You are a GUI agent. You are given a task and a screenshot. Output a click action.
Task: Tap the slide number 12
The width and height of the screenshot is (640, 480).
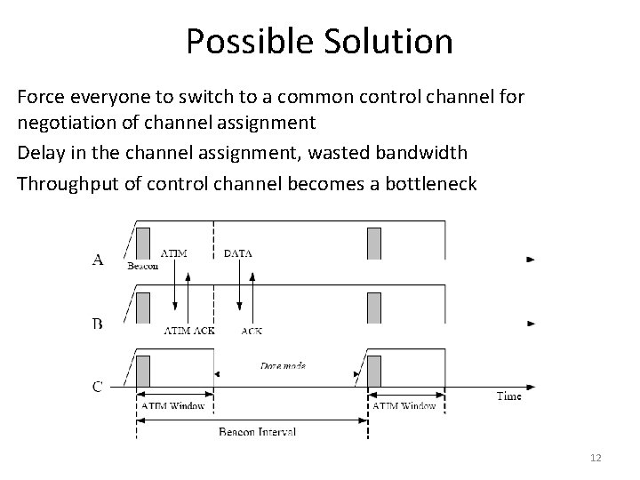point(596,457)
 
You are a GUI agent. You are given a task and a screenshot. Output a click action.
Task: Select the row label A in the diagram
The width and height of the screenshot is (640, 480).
point(98,260)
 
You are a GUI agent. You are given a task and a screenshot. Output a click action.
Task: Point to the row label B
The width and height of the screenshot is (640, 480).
point(98,324)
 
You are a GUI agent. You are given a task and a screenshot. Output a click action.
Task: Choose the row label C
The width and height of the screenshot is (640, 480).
point(98,387)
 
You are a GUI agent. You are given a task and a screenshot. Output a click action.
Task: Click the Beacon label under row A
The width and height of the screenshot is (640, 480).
point(144,265)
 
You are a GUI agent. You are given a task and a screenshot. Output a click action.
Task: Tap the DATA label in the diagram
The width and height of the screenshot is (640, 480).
point(238,252)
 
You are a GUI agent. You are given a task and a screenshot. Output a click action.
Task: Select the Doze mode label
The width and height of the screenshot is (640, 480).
point(284,364)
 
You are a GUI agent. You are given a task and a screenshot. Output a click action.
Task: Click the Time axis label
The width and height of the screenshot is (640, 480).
point(508,396)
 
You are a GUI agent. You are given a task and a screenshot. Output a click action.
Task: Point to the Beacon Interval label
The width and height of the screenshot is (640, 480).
point(257,431)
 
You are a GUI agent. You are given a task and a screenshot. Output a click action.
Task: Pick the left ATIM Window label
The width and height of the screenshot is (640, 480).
point(173,406)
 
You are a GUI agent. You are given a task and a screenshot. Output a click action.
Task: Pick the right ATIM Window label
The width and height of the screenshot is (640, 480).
point(404,406)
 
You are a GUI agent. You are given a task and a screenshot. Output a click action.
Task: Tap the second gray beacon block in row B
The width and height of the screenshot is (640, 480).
point(374,307)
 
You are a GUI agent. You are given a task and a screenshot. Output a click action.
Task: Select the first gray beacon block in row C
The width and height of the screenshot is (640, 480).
point(143,371)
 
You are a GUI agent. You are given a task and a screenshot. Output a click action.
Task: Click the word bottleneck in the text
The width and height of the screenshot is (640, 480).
point(435,184)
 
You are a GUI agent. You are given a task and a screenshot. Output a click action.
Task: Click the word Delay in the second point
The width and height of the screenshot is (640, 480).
point(36,153)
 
